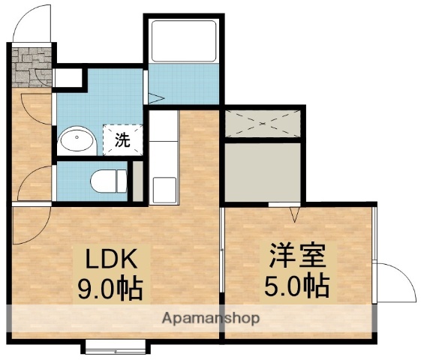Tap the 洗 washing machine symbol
pyautogui.click(x=121, y=139)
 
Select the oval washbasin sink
pyautogui.click(x=75, y=139)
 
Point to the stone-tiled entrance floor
pyautogui.click(x=32, y=66)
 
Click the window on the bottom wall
pyautogui.click(x=114, y=346)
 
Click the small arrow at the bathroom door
pyautogui.click(x=155, y=97)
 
